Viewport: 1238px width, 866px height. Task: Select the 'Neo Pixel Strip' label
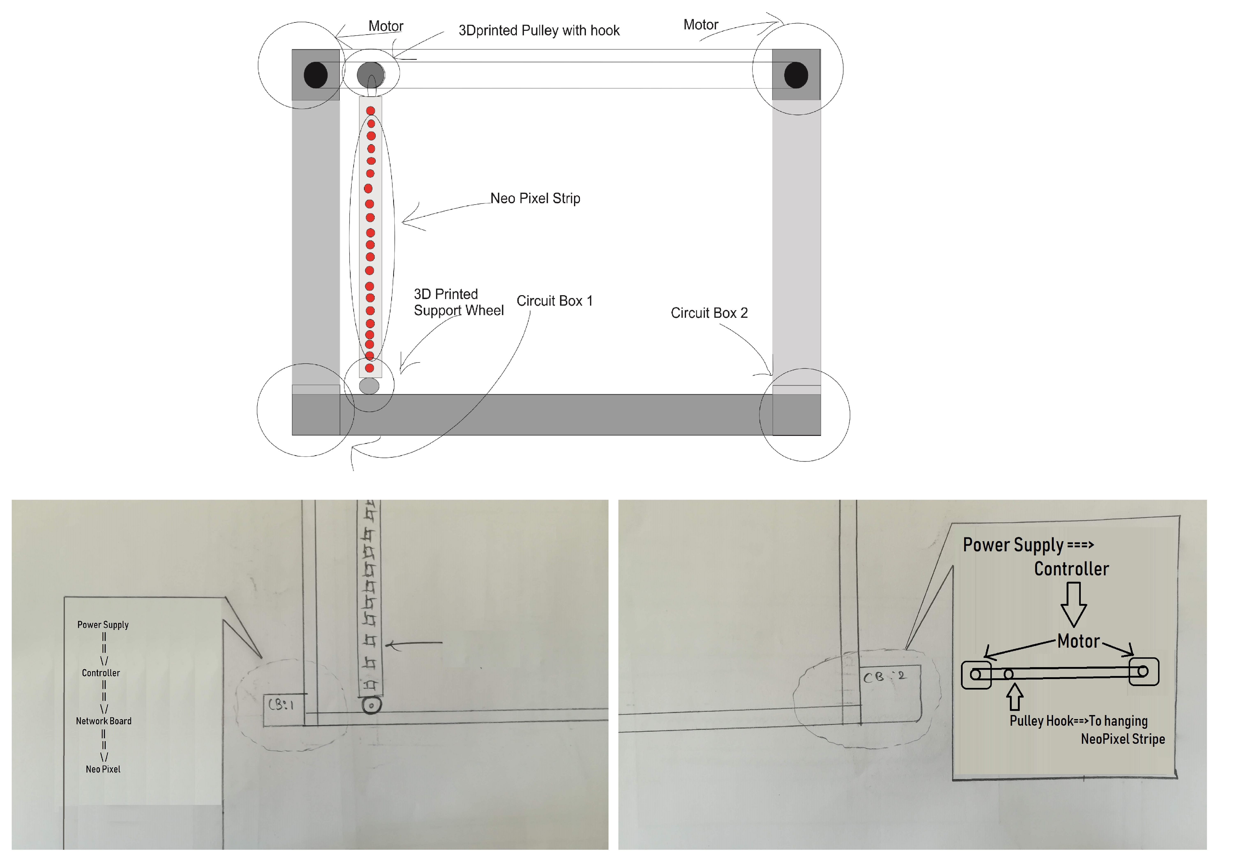[x=535, y=198]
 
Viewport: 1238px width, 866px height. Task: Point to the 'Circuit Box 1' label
[x=554, y=301]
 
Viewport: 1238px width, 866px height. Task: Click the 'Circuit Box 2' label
[x=709, y=313]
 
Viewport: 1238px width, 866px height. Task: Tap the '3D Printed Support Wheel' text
[x=458, y=302]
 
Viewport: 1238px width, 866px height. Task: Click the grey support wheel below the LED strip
[x=369, y=386]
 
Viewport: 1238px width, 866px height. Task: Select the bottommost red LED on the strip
[x=369, y=368]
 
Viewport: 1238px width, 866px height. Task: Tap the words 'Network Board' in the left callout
[x=104, y=721]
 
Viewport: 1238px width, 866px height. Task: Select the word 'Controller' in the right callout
[x=1071, y=569]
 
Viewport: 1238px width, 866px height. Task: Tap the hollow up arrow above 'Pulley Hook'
[x=1015, y=697]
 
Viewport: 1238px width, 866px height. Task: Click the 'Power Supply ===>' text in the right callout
[x=1028, y=545]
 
